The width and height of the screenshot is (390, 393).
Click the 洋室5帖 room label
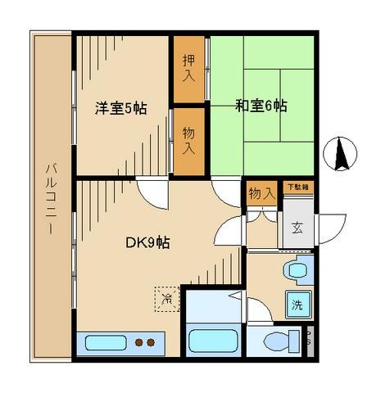[120, 108]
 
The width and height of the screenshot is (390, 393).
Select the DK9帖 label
[147, 242]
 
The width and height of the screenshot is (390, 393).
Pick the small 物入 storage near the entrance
[261, 194]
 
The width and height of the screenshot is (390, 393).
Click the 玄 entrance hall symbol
[297, 227]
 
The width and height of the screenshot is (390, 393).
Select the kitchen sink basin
[102, 342]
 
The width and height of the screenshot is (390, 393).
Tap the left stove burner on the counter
[139, 342]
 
